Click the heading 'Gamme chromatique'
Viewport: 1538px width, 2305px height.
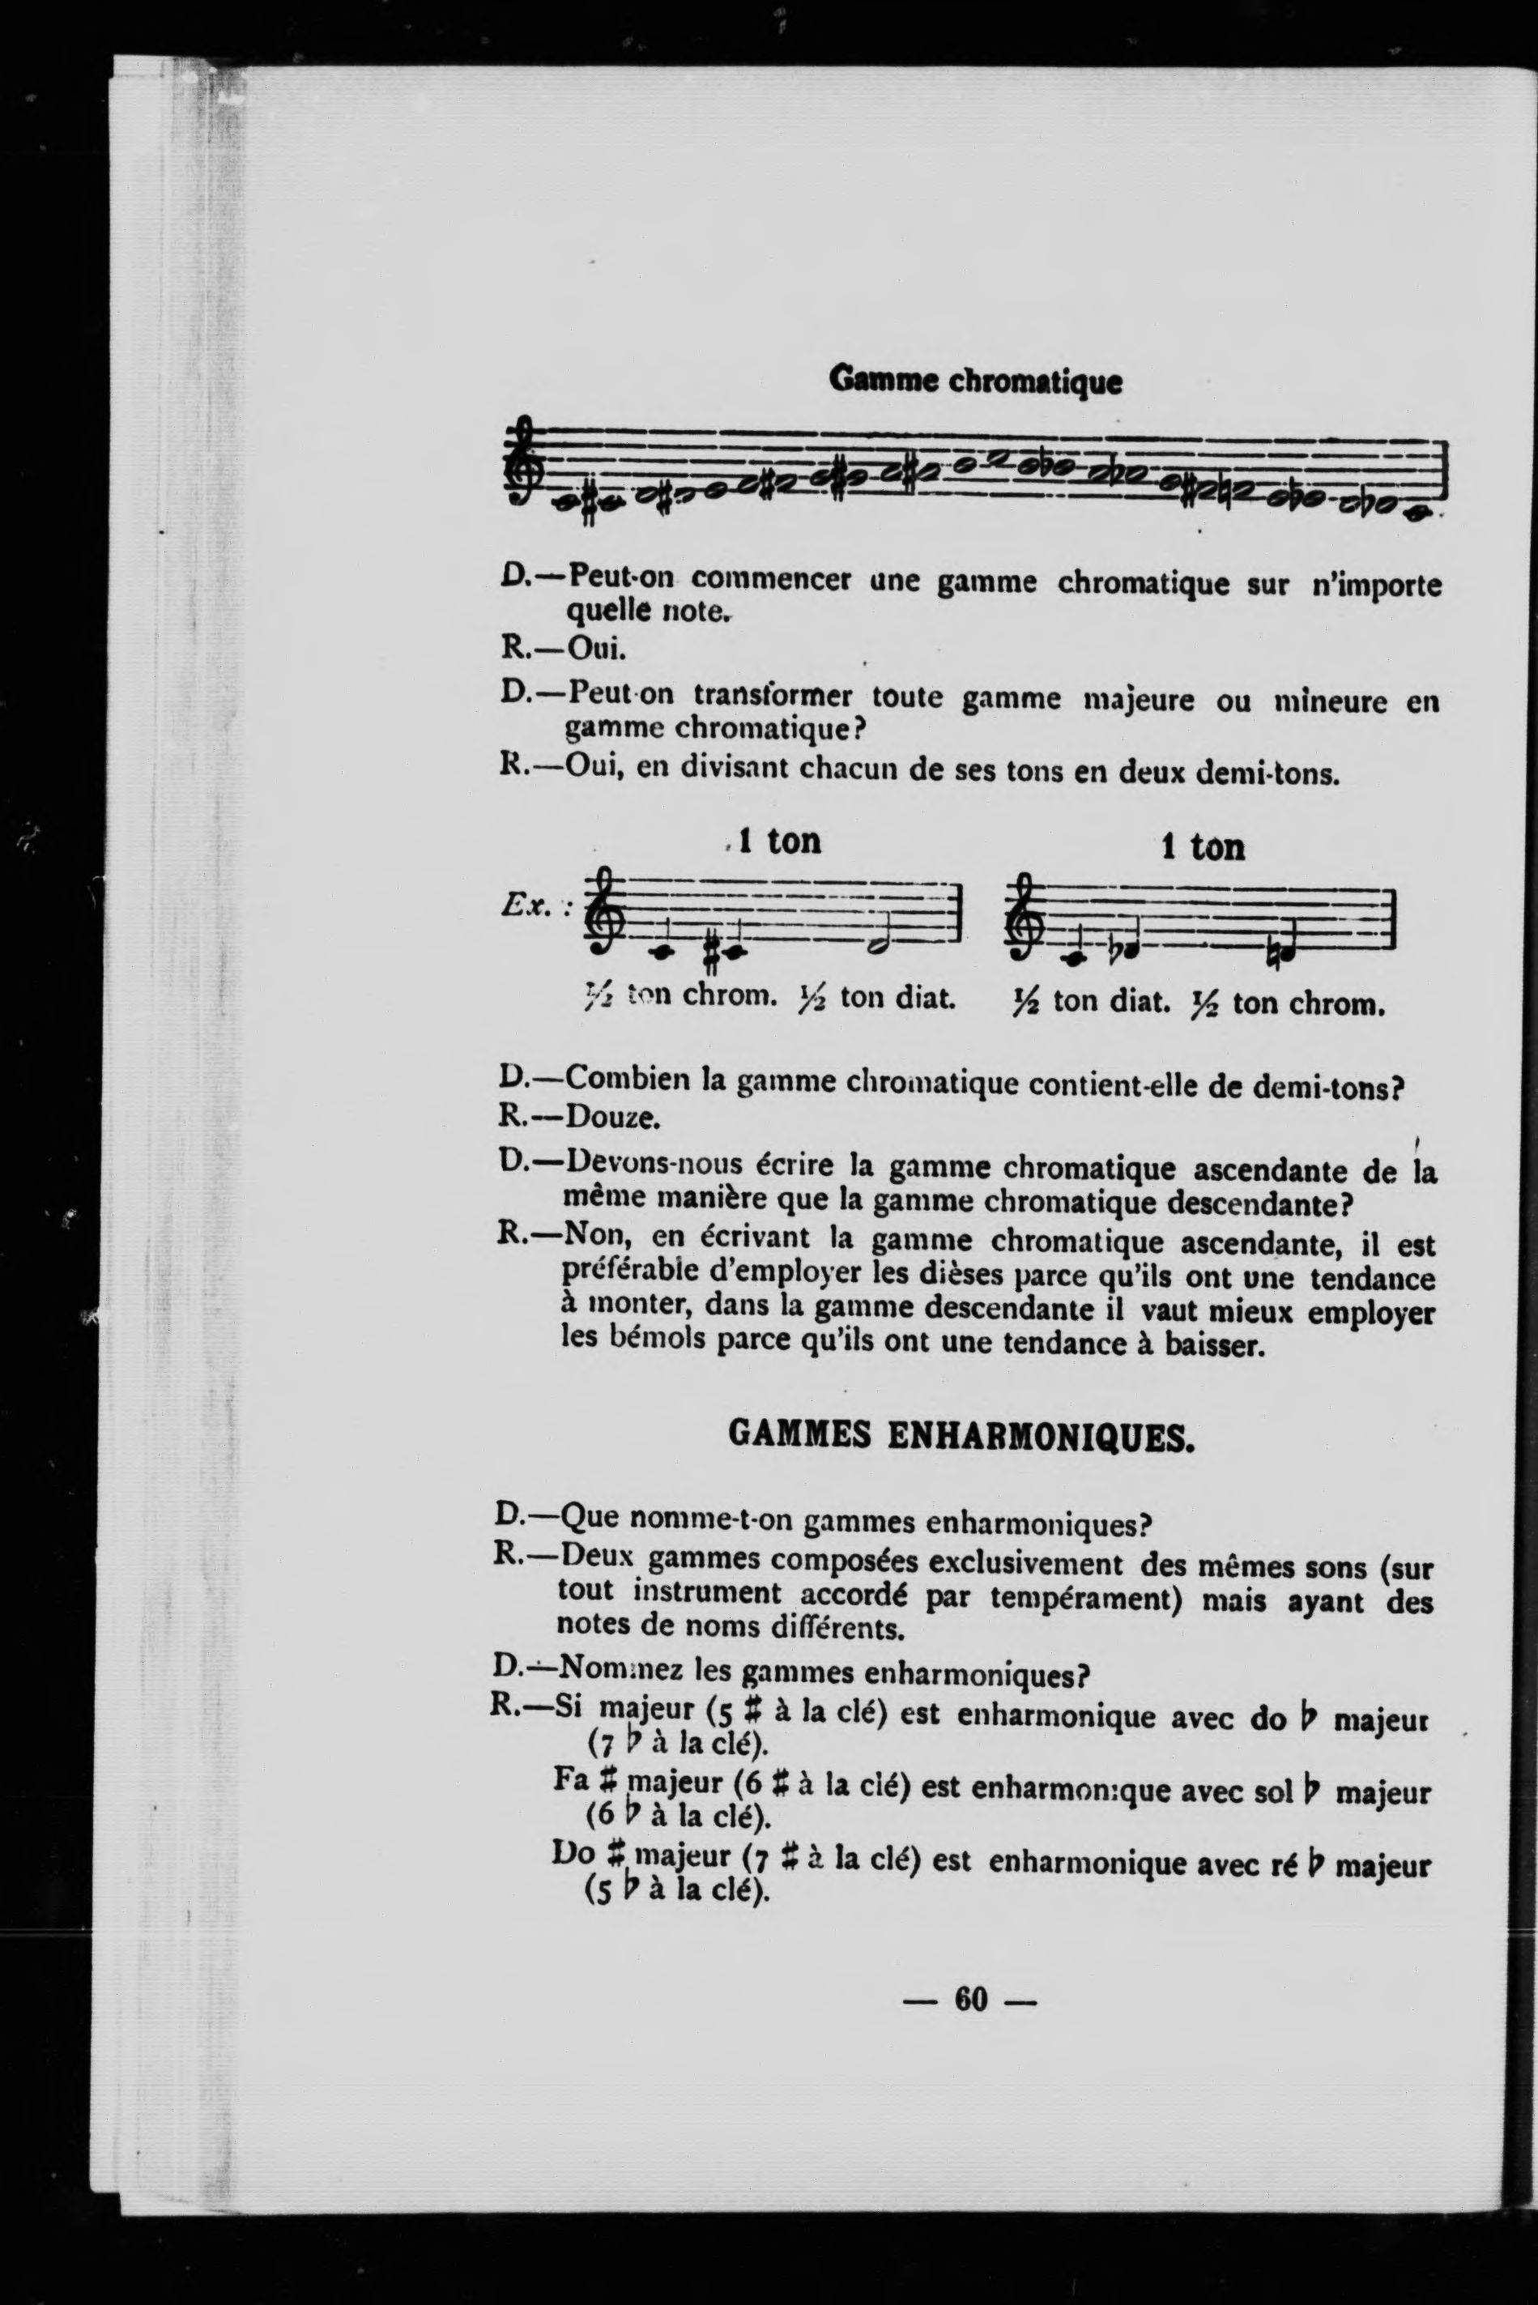point(975,380)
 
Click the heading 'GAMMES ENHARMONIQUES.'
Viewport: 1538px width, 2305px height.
point(961,1437)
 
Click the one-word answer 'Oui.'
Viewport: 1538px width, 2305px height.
point(596,649)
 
